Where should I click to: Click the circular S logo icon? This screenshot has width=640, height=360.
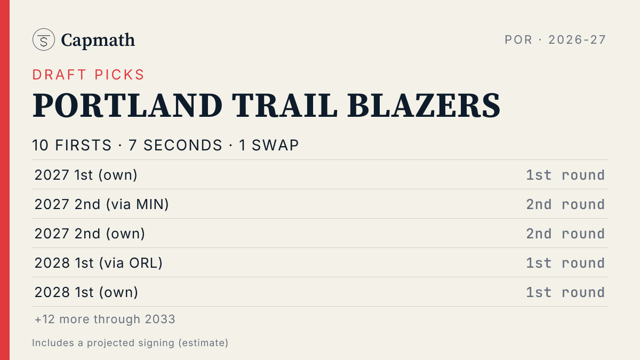[x=43, y=39]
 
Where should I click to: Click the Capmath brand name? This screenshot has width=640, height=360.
[x=98, y=41]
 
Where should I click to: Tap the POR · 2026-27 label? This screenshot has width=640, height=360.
[x=555, y=39]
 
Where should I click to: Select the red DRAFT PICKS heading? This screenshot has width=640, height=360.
[x=89, y=75]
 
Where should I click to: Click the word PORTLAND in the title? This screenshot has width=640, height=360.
[x=127, y=106]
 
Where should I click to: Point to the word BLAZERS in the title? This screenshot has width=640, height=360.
[x=423, y=106]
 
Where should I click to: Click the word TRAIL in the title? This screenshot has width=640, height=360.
[x=285, y=106]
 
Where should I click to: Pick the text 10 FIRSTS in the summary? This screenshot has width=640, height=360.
[x=71, y=145]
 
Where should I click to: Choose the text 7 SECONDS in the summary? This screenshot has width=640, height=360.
[x=175, y=145]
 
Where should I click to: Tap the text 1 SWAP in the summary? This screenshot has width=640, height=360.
[x=269, y=145]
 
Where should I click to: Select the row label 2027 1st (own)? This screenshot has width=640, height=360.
[x=86, y=175]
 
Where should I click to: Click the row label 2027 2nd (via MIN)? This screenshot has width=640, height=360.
[x=101, y=204]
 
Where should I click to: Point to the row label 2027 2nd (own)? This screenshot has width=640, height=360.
[x=90, y=234]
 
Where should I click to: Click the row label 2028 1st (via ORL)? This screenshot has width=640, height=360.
[x=98, y=263]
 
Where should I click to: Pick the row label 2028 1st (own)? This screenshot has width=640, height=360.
[x=86, y=292]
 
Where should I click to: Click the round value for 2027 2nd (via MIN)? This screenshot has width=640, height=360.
[x=565, y=205]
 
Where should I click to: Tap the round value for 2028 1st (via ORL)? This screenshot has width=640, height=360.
[x=565, y=263]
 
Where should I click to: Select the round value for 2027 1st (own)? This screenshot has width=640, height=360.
[x=565, y=175]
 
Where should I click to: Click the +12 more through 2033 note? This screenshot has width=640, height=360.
[x=105, y=319]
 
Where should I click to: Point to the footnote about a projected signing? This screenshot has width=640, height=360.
[x=130, y=343]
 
